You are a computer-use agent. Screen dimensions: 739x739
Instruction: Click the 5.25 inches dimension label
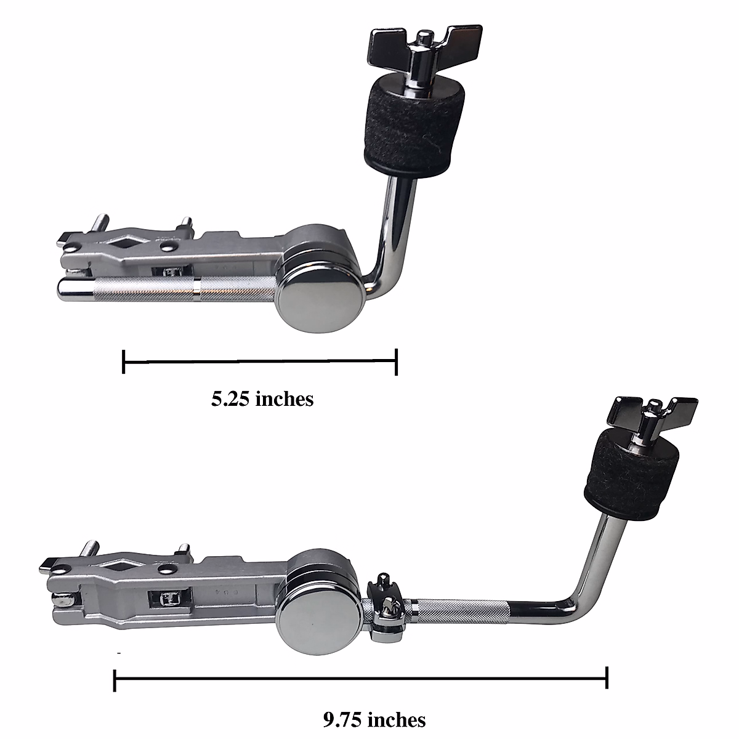tap(262, 399)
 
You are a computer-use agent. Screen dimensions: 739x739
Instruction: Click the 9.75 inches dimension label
tap(374, 719)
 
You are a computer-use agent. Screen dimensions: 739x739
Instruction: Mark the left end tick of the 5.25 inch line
tap(124, 361)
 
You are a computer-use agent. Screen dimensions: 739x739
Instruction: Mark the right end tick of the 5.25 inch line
tap(397, 361)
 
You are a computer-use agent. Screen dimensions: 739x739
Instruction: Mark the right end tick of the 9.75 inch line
tap(607, 677)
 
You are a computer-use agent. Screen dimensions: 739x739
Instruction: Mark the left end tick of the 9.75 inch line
tap(115, 677)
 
